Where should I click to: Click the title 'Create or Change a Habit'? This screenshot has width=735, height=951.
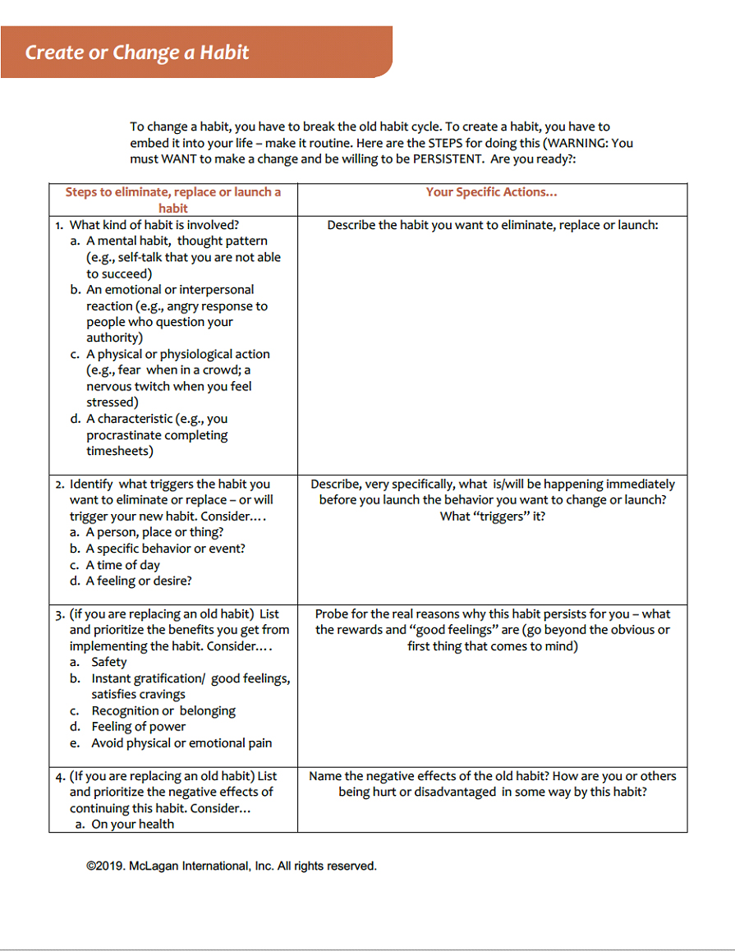point(137,53)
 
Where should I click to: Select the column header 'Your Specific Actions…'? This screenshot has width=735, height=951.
point(491,192)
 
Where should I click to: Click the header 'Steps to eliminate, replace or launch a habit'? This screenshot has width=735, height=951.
point(173,200)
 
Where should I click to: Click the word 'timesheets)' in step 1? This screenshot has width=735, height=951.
point(120,451)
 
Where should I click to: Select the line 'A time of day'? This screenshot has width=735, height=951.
point(123,565)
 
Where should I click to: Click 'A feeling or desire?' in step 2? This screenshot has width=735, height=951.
point(139,581)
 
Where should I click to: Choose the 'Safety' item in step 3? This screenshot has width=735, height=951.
point(109,662)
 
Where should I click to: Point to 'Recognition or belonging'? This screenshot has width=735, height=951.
point(163,710)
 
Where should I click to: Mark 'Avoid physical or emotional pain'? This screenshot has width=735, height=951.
point(181,743)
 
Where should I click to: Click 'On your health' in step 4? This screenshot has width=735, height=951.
point(133,824)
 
